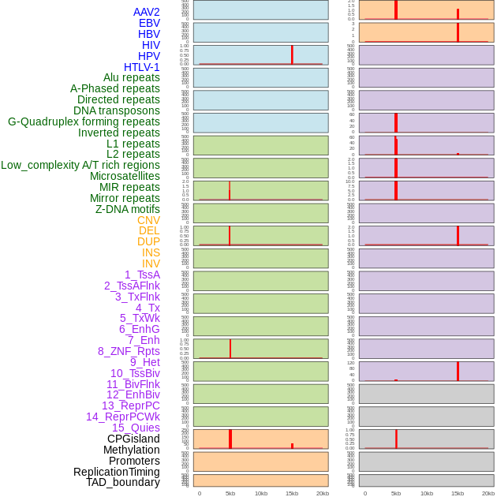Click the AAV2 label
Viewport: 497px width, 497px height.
(x=146, y=12)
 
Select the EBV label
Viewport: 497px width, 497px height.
(x=148, y=23)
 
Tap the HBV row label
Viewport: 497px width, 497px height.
(x=148, y=34)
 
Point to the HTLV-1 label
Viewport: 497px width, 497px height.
(x=141, y=67)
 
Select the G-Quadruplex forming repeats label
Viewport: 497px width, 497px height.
(x=84, y=121)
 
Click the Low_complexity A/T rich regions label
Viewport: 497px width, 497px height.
(x=80, y=165)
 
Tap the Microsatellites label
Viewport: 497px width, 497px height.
(x=125, y=176)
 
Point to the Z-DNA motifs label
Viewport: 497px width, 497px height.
(x=127, y=209)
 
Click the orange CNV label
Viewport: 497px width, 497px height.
(x=148, y=220)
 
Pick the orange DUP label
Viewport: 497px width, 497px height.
(x=148, y=241)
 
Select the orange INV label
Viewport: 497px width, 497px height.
(x=150, y=263)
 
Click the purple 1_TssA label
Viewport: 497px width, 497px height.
(x=142, y=275)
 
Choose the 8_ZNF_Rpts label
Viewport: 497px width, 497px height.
(x=129, y=351)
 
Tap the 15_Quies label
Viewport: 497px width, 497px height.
(x=136, y=428)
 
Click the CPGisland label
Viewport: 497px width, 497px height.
(x=133, y=439)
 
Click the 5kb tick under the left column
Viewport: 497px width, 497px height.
(x=230, y=493)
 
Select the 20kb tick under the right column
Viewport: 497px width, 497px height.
(x=488, y=493)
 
